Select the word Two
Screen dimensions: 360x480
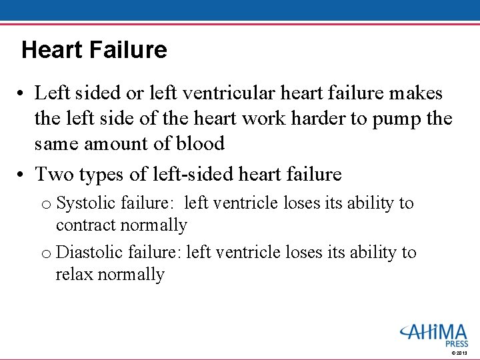click(x=51, y=175)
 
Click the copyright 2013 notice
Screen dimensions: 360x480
click(x=460, y=353)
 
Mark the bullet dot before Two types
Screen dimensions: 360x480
click(x=23, y=175)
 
